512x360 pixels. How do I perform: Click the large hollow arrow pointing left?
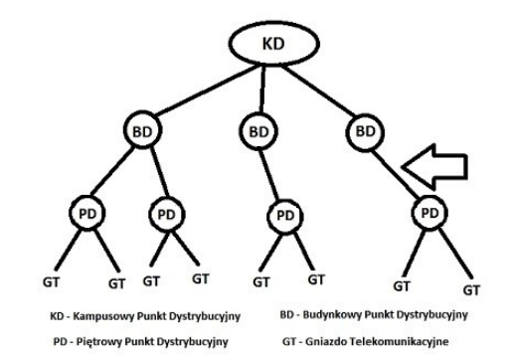click(434, 167)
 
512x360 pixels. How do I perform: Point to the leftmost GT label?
click(51, 282)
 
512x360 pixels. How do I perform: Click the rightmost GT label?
click(471, 290)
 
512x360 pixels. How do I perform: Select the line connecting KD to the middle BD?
click(262, 89)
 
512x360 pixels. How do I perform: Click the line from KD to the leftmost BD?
click(206, 90)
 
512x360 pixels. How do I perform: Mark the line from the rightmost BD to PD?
click(396, 174)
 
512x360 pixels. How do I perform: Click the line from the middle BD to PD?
click(268, 175)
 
